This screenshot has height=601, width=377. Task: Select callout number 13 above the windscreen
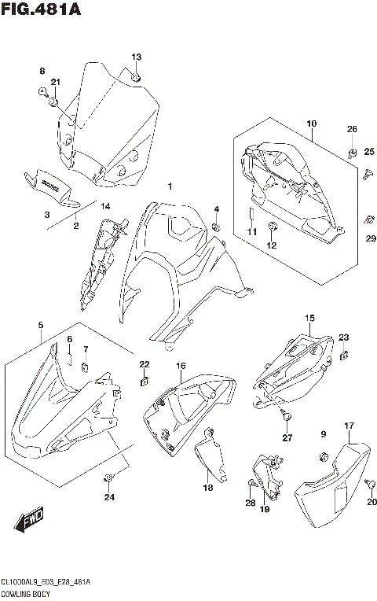[136, 57]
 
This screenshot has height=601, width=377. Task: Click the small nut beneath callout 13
[136, 76]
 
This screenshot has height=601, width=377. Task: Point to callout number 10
[312, 124]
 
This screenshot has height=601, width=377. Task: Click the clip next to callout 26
[353, 151]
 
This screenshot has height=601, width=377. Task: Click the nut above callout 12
[272, 229]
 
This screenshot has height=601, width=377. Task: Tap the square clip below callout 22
[144, 382]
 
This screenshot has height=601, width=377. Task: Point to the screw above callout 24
[109, 477]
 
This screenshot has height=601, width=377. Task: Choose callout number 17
[348, 426]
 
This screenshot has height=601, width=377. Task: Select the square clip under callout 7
[86, 364]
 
